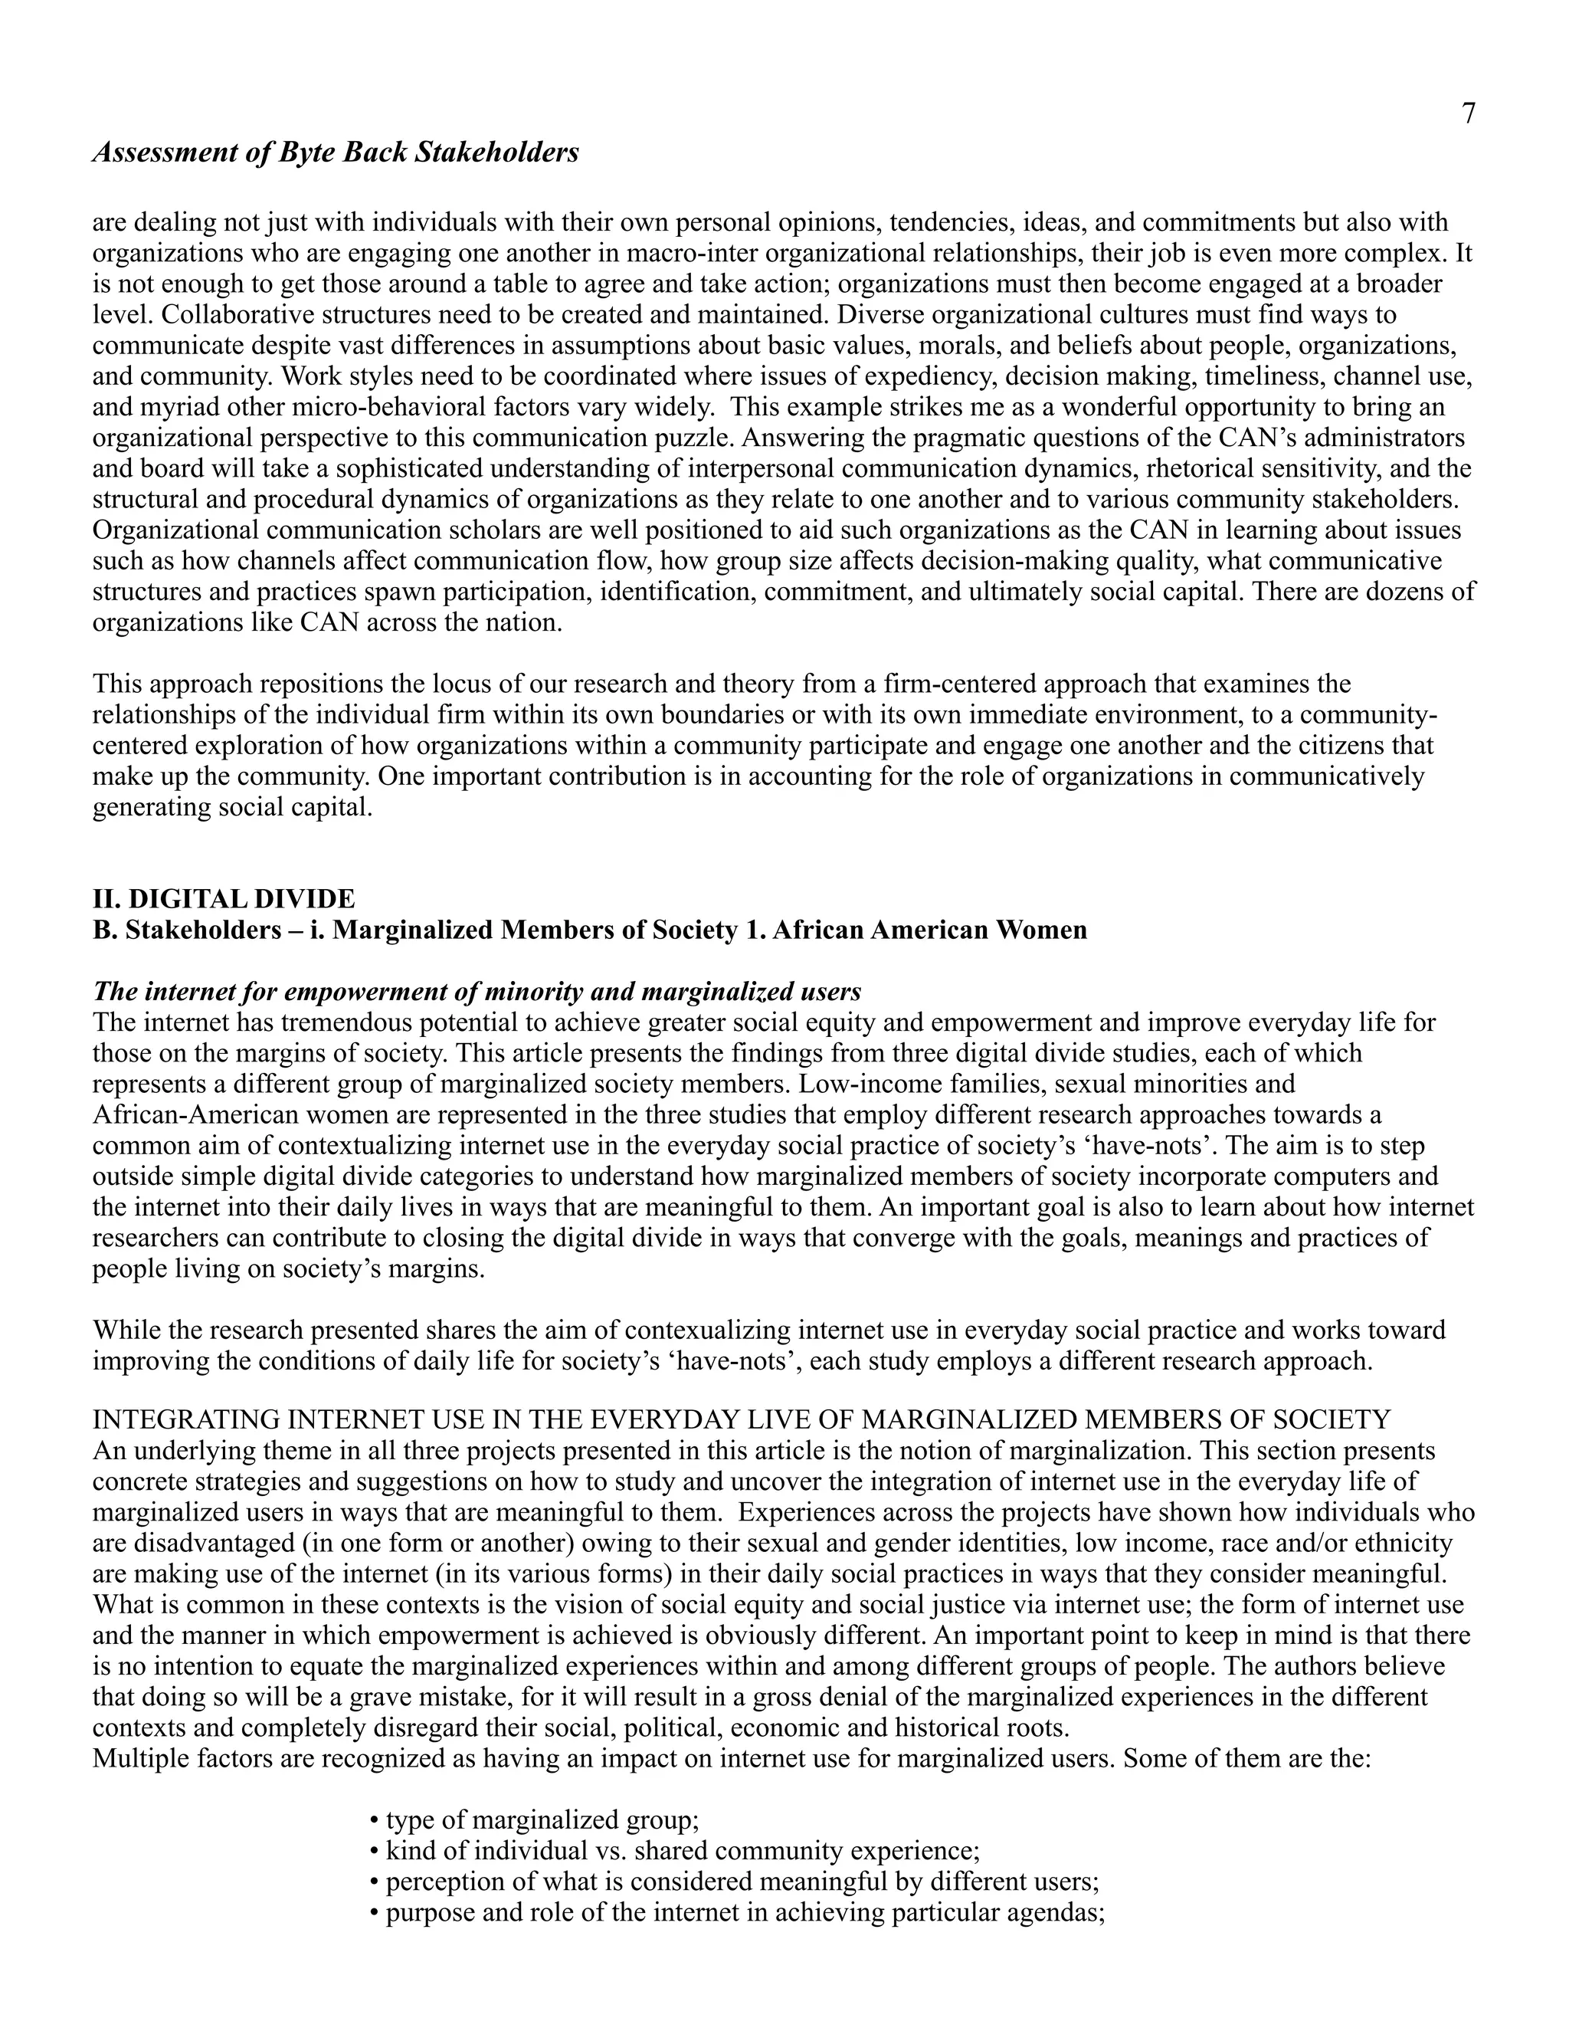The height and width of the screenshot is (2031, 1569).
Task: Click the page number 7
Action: (1468, 114)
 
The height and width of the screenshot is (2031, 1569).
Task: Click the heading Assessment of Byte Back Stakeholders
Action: (336, 153)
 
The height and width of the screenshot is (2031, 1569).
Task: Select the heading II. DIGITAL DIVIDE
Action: (223, 899)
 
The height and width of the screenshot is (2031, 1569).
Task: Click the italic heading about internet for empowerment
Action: (477, 993)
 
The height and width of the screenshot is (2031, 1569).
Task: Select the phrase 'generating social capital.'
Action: (232, 807)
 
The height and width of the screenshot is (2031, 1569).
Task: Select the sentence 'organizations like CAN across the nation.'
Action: (327, 622)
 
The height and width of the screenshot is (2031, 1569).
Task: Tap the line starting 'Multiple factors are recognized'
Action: (732, 1758)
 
